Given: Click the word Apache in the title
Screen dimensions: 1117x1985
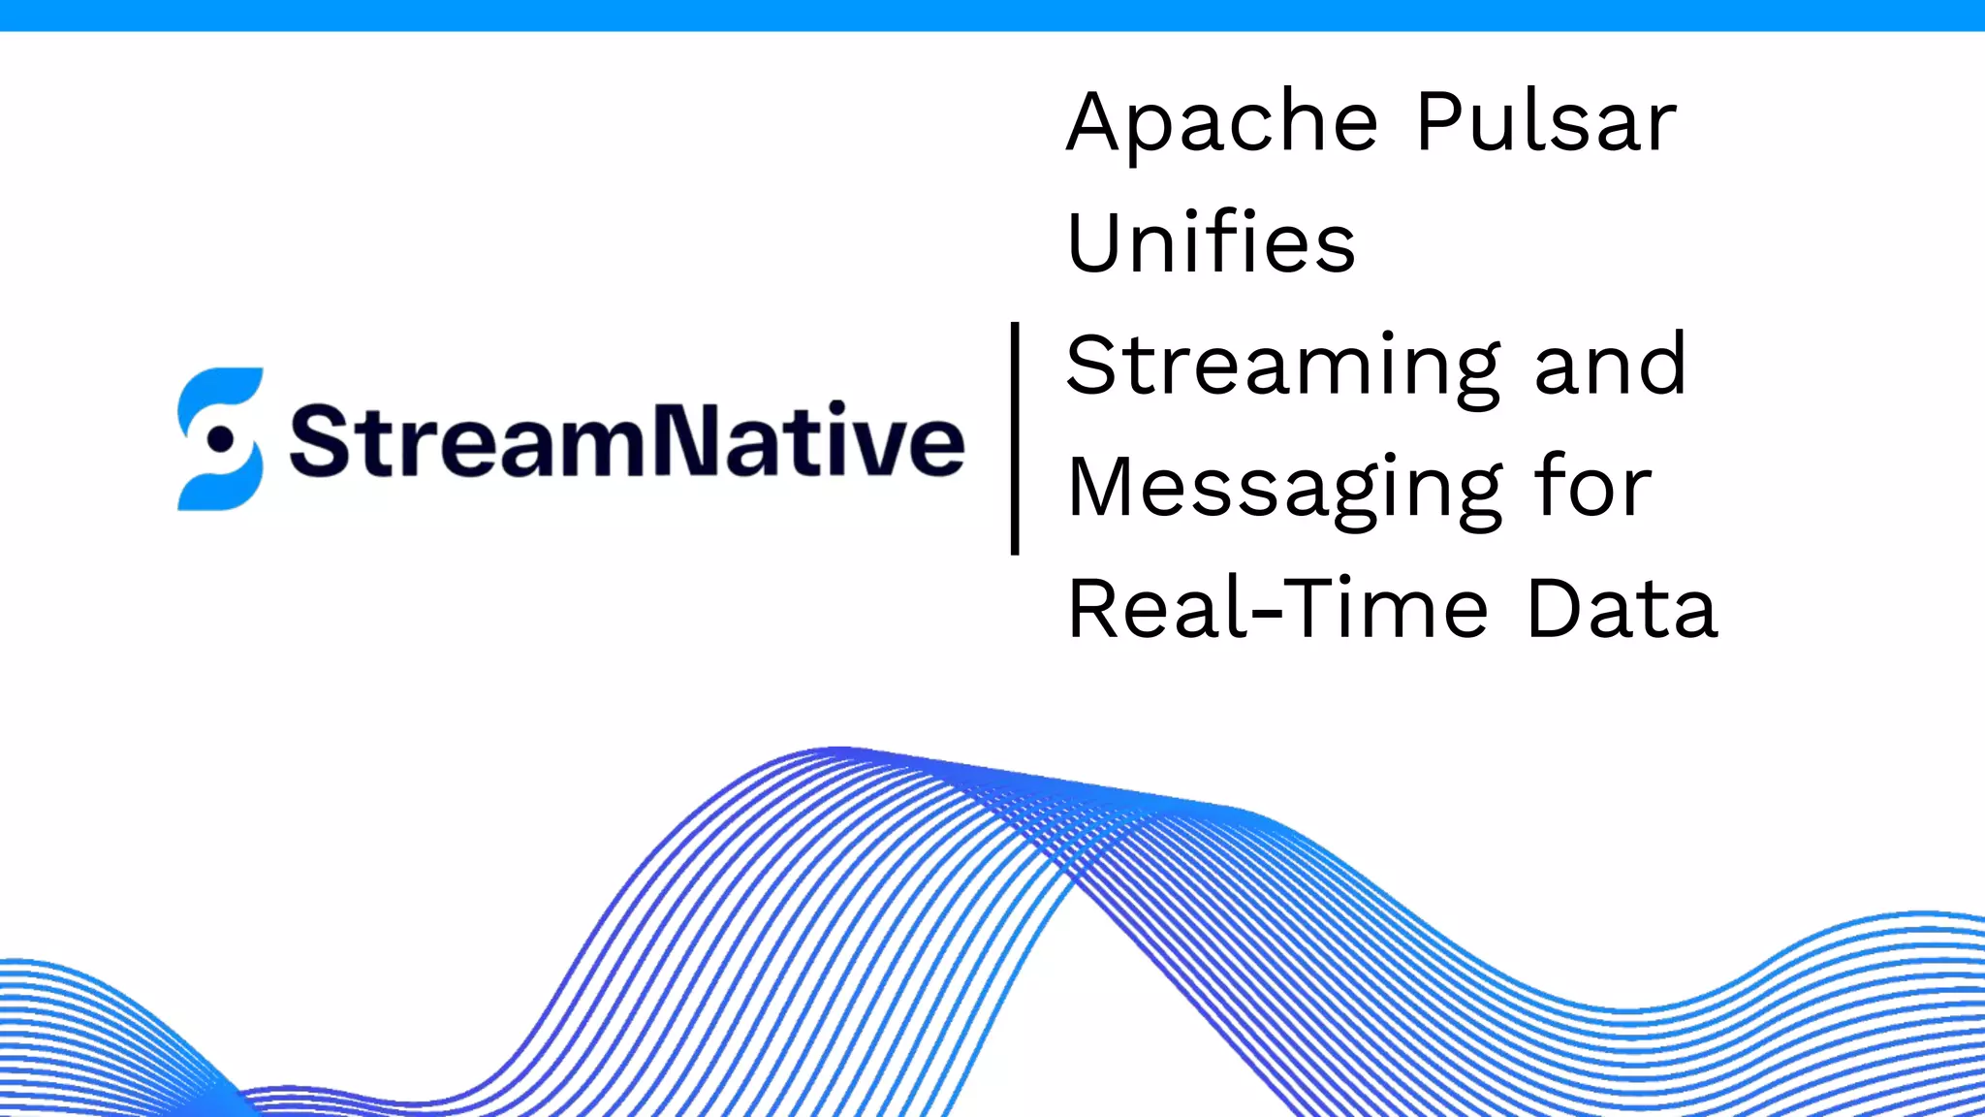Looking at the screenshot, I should [x=1221, y=123].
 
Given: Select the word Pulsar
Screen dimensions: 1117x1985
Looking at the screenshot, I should [x=1546, y=123].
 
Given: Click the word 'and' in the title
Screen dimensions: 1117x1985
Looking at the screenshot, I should [x=1610, y=366].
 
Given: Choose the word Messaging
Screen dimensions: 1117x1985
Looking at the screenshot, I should [x=1285, y=489].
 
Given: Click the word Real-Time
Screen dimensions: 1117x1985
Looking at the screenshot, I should [x=1277, y=609].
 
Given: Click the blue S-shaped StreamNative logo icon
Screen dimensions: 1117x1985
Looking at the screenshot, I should [x=220, y=438].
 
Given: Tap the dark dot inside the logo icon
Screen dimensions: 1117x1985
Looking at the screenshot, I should [x=222, y=439].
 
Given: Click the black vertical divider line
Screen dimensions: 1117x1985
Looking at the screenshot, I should [x=1015, y=438].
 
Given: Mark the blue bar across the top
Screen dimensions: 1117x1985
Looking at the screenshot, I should [x=992, y=16].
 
